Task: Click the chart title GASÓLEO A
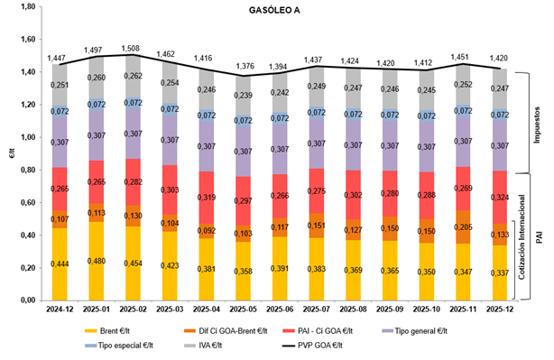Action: [277, 12]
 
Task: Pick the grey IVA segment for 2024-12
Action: [60, 86]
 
